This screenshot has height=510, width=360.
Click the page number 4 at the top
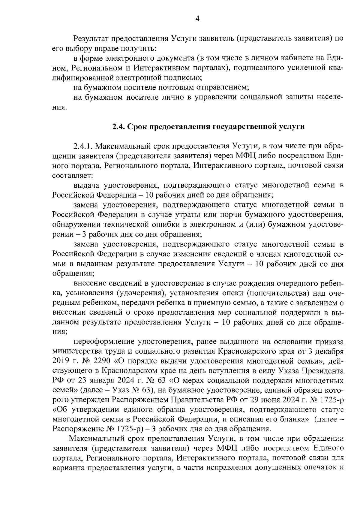coord(197,19)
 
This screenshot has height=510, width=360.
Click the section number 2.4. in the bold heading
coord(119,127)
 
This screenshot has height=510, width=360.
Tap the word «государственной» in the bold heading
coord(241,127)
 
